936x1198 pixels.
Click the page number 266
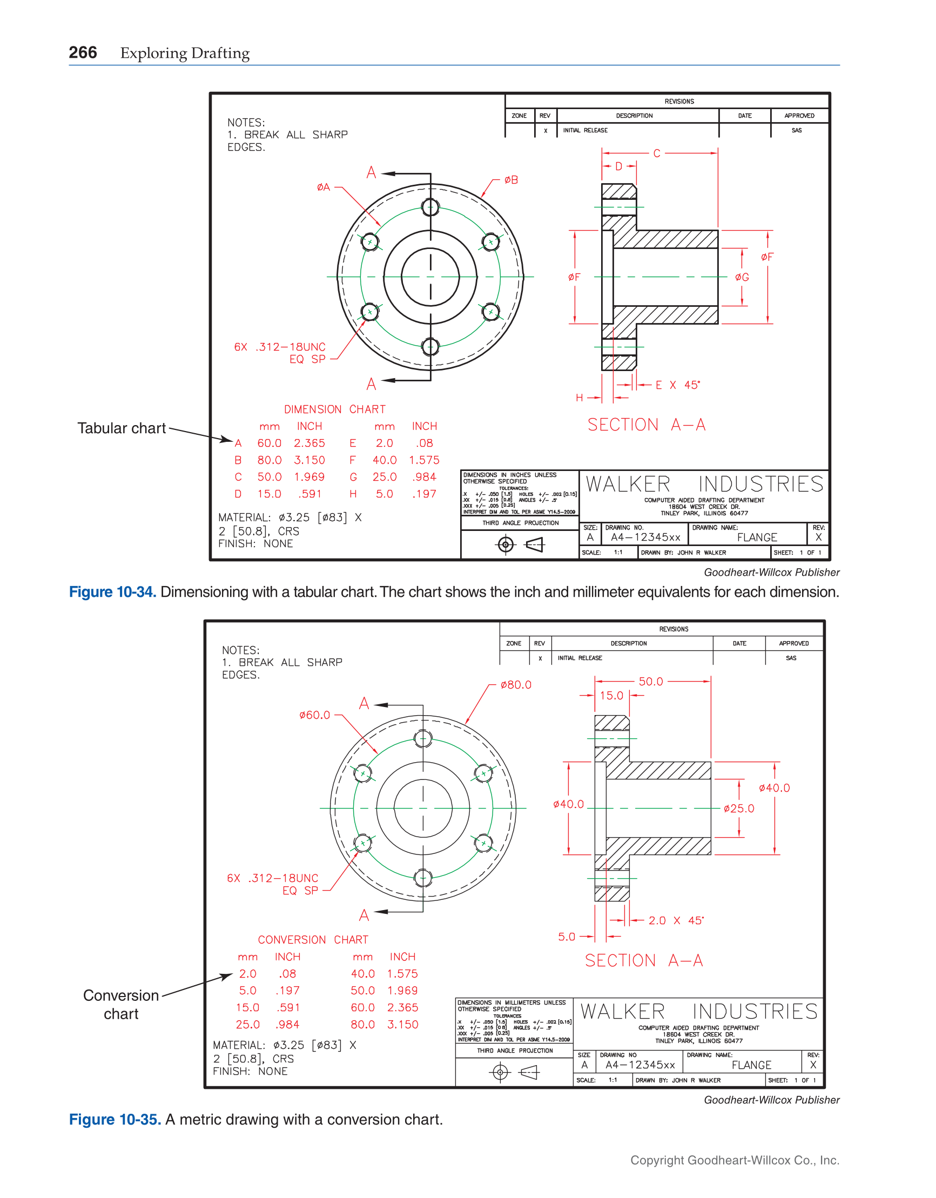pyautogui.click(x=83, y=52)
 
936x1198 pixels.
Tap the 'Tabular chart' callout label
pyautogui.click(x=121, y=428)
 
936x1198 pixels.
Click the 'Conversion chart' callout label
pyautogui.click(x=120, y=1005)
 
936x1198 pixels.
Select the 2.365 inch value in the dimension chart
pyautogui.click(x=309, y=443)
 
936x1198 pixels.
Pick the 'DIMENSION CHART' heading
pyautogui.click(x=335, y=410)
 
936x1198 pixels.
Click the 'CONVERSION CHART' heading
pyautogui.click(x=313, y=940)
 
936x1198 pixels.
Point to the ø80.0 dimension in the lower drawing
pyautogui.click(x=516, y=685)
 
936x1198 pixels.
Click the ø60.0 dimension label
pyautogui.click(x=314, y=715)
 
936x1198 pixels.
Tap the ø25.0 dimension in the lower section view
pyautogui.click(x=738, y=809)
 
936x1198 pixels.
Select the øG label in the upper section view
pyautogui.click(x=742, y=278)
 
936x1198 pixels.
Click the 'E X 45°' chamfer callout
pyautogui.click(x=678, y=386)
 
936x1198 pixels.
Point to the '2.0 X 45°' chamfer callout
pyautogui.click(x=675, y=921)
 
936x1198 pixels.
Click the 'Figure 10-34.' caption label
pyautogui.click(x=112, y=593)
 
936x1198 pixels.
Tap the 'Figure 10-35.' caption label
pyautogui.click(x=115, y=1120)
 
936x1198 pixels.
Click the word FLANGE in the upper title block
pyautogui.click(x=757, y=537)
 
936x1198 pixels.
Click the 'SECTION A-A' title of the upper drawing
pyautogui.click(x=647, y=425)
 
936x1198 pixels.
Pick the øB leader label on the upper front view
pyautogui.click(x=511, y=180)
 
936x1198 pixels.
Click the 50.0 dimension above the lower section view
pyautogui.click(x=651, y=682)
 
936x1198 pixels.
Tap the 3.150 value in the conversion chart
pyautogui.click(x=402, y=1025)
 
